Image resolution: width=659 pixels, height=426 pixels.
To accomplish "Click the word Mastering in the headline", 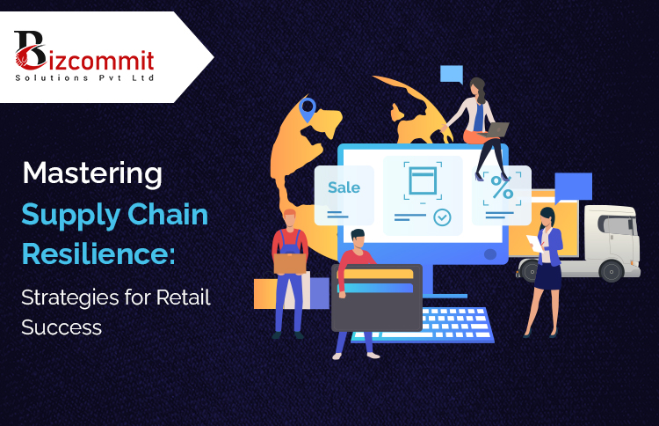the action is (92, 173).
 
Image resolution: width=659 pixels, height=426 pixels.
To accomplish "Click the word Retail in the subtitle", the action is (183, 297).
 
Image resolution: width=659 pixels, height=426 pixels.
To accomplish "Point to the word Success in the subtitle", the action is (62, 327).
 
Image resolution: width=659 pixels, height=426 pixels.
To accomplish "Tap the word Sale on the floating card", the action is (344, 187).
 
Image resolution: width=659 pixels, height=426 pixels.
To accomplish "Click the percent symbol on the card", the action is (502, 187).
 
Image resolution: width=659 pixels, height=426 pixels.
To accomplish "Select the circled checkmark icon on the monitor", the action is (442, 217).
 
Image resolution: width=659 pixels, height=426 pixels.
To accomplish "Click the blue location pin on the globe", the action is (308, 109).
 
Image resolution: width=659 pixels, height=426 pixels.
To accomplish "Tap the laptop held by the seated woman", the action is (495, 130).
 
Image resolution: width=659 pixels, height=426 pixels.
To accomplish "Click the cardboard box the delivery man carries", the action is (290, 263).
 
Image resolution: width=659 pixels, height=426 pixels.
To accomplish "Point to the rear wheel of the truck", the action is (612, 271).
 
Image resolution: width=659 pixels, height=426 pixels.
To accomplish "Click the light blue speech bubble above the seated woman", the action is (452, 74).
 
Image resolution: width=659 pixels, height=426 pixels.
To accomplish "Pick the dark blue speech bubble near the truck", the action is (573, 187).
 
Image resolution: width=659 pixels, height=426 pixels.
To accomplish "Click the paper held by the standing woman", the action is (535, 243).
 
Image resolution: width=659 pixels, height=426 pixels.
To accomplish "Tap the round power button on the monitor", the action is (490, 253).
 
